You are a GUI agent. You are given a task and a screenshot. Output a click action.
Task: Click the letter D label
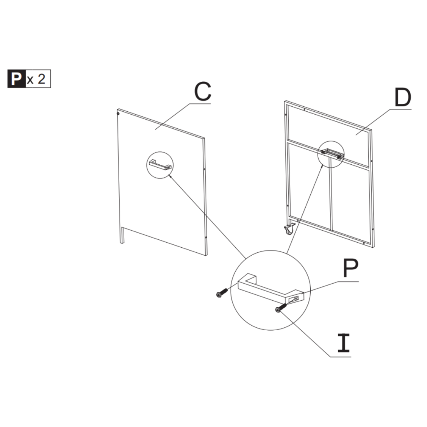point(403,98)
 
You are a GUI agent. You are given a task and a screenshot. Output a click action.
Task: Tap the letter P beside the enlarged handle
point(351,269)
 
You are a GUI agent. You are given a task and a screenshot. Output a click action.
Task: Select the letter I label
point(344,343)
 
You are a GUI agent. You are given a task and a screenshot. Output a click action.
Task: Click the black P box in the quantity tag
point(16,78)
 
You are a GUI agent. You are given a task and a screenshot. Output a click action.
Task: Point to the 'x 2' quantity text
point(37,79)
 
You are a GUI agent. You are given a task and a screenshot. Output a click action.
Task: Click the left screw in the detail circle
point(221,294)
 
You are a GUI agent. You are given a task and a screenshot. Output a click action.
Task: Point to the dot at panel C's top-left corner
point(118,113)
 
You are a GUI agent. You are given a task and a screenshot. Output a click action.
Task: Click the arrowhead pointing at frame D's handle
point(322,166)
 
